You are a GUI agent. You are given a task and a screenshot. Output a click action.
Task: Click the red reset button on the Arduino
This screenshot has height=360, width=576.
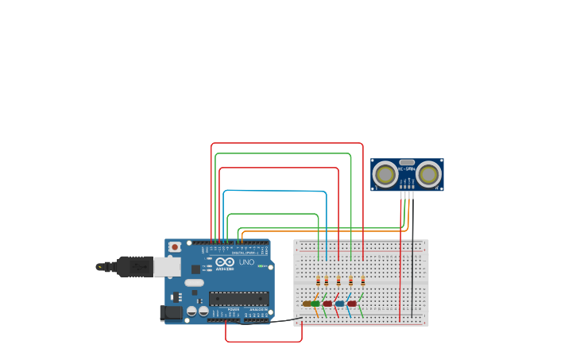coord(174,247)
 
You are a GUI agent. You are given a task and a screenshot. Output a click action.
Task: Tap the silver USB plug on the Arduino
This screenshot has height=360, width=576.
coord(166,266)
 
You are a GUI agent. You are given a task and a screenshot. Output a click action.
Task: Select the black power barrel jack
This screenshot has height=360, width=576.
coord(170,313)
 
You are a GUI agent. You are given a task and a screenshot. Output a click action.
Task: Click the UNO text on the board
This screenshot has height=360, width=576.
coord(246,262)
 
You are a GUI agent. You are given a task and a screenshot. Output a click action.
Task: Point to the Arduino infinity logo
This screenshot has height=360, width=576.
coord(225,262)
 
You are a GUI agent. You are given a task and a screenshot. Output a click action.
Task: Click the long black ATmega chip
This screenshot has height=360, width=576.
coord(238,299)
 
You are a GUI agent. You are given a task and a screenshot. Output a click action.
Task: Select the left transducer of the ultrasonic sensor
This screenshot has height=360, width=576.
coord(385,174)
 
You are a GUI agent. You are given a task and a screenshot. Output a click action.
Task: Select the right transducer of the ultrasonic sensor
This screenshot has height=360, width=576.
coord(428,174)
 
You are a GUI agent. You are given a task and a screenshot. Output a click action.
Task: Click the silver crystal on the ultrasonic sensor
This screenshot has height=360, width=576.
coord(407,162)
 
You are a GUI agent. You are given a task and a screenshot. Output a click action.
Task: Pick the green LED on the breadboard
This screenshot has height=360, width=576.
coord(315,304)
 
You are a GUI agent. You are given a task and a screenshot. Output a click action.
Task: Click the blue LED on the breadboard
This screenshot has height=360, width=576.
coord(340,304)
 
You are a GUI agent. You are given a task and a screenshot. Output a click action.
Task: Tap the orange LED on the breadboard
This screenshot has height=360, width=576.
coord(307,304)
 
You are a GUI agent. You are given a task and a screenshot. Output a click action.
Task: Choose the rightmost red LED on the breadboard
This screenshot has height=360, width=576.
coord(352,304)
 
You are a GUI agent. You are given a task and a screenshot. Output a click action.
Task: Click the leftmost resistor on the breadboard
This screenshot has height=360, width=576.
coord(319,281)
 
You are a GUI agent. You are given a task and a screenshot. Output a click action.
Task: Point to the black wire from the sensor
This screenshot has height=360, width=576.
coord(412,254)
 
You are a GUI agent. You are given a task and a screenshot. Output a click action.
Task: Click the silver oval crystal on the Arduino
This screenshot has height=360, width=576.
coord(194,282)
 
